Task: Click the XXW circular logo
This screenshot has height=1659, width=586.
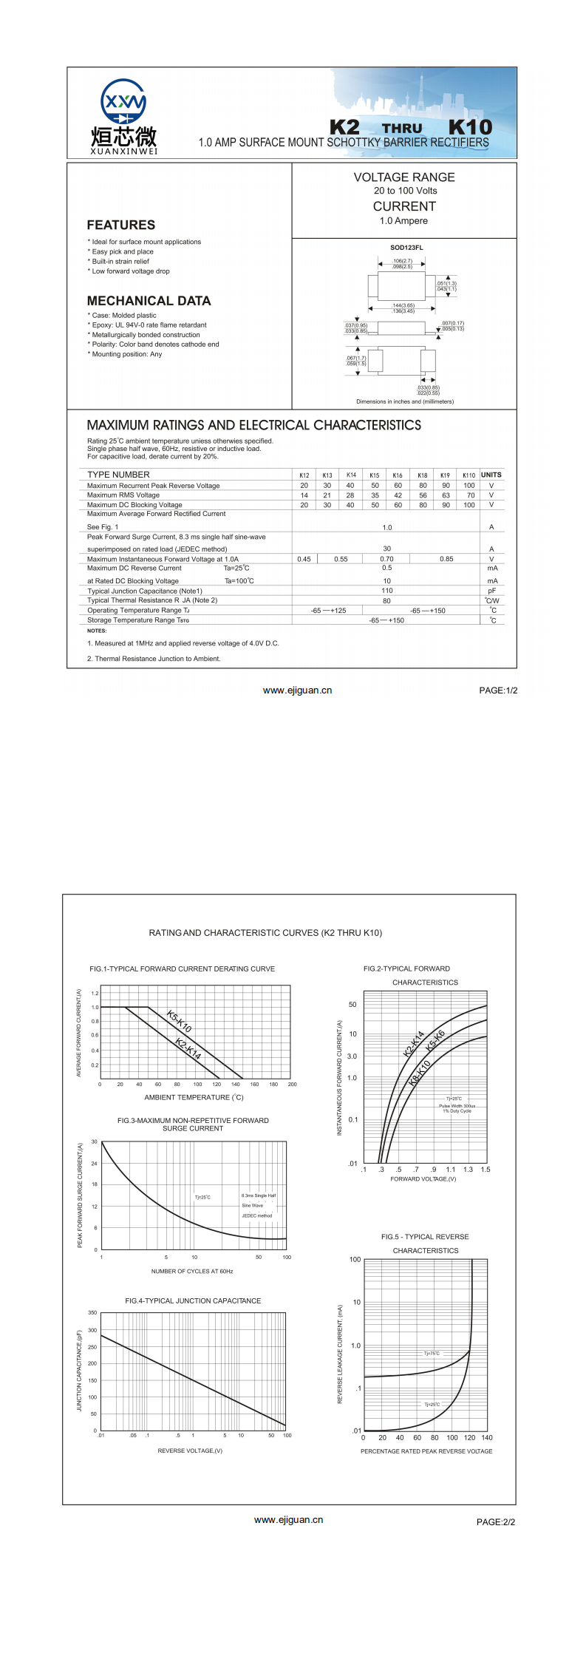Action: pos(123,102)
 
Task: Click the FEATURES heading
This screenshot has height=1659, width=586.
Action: pos(121,225)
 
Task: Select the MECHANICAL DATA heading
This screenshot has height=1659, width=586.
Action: pos(149,301)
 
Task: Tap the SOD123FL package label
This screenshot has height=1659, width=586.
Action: pos(406,248)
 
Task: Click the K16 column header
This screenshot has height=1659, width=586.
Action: pos(398,475)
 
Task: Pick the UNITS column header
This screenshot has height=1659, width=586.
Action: pos(491,475)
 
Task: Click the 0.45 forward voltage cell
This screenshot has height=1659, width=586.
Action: pos(304,559)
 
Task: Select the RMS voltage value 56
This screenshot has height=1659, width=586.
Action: pos(423,495)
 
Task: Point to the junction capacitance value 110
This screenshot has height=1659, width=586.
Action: pos(387,591)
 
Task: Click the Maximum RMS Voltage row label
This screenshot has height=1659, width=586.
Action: pos(123,495)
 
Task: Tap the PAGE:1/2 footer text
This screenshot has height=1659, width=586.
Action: pos(498,691)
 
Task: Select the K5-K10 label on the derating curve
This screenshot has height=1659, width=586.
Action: pos(179,1021)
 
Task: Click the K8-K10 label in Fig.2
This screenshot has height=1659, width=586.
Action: pos(420,1073)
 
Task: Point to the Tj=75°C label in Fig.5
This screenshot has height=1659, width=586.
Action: pos(432,1354)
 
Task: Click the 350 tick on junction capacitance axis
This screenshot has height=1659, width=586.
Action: pos(92,1313)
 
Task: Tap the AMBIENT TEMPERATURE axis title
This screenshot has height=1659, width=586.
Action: pos(194,1097)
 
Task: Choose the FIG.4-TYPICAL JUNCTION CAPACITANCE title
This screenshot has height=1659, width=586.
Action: pos(193,1300)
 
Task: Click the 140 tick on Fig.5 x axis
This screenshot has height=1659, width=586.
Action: pos(487,1438)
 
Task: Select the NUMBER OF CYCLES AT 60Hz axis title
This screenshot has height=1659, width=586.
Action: pos(192,1272)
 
